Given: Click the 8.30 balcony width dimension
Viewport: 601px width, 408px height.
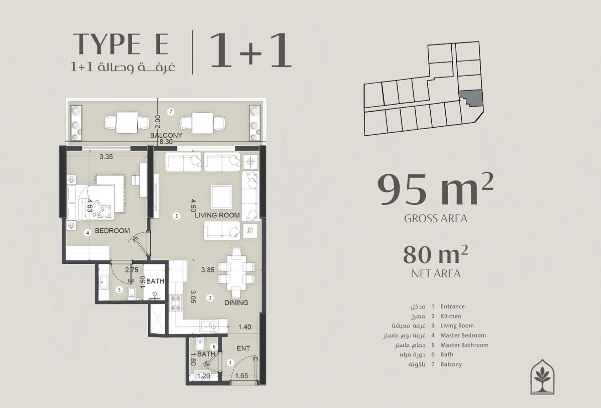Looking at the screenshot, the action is tap(166, 142).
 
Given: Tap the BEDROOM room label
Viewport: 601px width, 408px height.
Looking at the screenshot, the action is tap(112, 231).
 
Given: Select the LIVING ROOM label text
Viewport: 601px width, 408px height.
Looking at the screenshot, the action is tap(217, 215).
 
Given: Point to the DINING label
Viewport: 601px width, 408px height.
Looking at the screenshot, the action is tap(236, 302).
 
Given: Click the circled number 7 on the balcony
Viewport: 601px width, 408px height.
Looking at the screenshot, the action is tap(170, 112).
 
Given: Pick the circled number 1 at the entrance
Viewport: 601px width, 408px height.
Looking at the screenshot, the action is tap(230, 362).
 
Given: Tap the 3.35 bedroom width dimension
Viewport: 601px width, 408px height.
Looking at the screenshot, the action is tap(106, 157).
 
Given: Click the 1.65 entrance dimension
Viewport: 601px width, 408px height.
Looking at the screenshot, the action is tap(242, 376).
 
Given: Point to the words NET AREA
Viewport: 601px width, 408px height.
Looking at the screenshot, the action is tap(436, 274).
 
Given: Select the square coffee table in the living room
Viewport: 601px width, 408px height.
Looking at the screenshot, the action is tap(221, 197).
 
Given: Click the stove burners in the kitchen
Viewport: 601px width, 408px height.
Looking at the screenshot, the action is tap(176, 303).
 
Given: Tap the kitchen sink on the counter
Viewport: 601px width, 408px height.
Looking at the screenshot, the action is tap(209, 327).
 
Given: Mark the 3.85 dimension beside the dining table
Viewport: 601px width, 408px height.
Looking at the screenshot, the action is tap(208, 270).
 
